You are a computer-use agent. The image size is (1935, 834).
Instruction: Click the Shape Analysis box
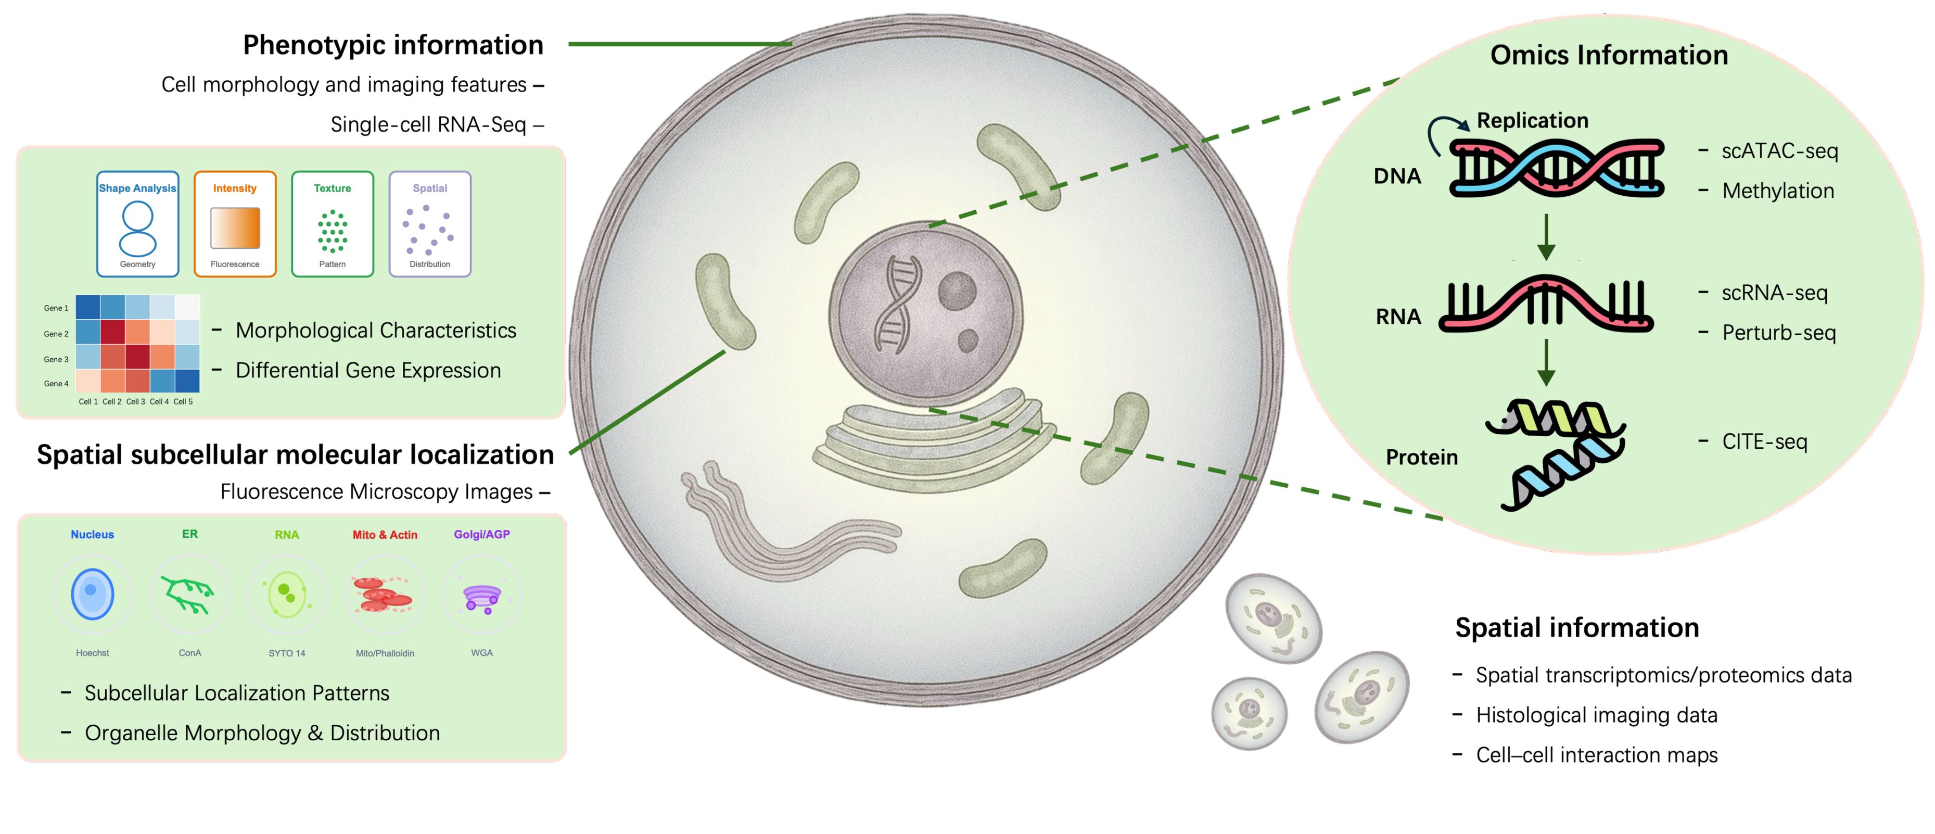coord(137,224)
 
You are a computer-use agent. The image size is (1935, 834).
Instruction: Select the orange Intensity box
coord(235,224)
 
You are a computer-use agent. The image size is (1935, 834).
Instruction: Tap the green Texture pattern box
coord(332,224)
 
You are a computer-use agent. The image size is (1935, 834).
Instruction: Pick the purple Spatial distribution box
coord(430,224)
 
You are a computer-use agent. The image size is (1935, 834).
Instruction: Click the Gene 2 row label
coord(56,334)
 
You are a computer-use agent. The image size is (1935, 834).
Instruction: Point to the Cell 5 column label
coord(183,402)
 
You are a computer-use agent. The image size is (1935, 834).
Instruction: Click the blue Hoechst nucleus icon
coord(93,593)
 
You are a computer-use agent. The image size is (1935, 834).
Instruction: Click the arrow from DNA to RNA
coord(1546,237)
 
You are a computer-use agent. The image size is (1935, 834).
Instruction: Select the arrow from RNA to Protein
coord(1546,362)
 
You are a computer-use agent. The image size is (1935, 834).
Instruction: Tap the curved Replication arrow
coord(1446,132)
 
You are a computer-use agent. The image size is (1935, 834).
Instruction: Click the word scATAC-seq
coord(1779,151)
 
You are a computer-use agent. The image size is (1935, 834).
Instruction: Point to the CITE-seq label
coord(1764,442)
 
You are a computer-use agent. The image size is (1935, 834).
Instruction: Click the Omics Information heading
coord(1609,55)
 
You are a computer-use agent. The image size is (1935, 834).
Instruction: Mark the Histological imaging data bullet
coord(1596,715)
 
